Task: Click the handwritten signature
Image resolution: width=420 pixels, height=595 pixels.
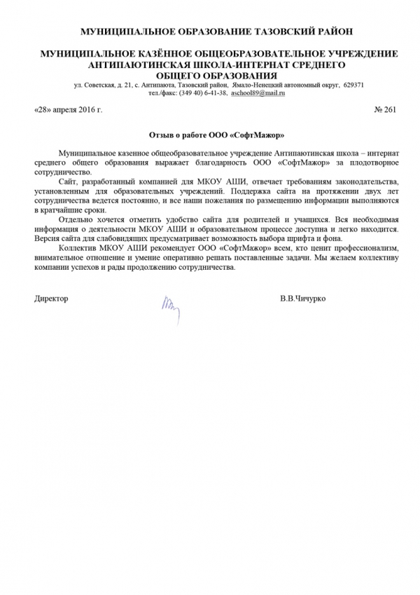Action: click(x=171, y=303)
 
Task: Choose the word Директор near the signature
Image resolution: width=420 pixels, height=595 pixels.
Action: click(x=51, y=299)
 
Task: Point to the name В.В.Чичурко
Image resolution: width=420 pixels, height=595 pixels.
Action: click(x=302, y=299)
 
